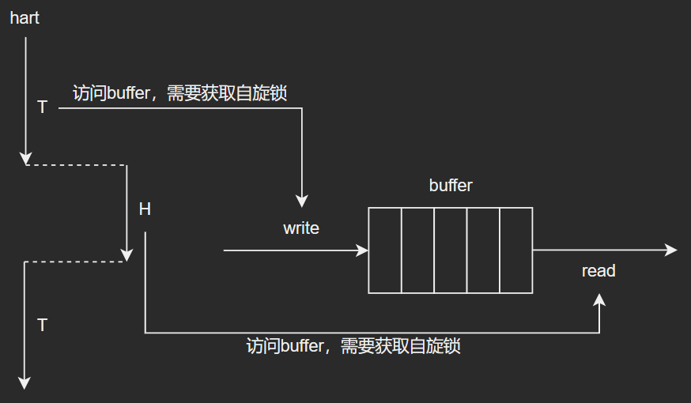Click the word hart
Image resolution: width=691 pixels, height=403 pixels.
click(x=25, y=17)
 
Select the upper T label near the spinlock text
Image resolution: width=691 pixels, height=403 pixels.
click(x=42, y=107)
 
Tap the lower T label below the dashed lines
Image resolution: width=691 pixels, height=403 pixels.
click(x=42, y=325)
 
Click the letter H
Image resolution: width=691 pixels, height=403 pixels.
click(x=145, y=209)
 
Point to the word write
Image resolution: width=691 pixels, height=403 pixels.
click(x=301, y=228)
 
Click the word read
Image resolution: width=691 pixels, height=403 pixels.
click(x=598, y=271)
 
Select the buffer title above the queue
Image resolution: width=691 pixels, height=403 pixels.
click(x=451, y=186)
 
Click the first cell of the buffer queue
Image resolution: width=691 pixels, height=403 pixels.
click(x=385, y=250)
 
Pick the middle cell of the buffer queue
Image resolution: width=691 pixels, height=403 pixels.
click(x=451, y=250)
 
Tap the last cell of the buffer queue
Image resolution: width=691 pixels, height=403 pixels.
click(x=515, y=250)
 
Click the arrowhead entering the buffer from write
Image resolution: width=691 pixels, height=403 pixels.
click(x=364, y=250)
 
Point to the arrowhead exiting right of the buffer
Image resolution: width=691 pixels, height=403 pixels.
click(x=672, y=250)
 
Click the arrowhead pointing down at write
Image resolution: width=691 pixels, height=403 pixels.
click(x=301, y=202)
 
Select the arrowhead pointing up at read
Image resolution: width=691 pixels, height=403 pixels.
click(x=600, y=299)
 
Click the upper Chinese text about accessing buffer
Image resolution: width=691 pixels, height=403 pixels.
click(x=179, y=93)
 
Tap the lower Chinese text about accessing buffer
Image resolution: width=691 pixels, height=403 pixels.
click(x=353, y=346)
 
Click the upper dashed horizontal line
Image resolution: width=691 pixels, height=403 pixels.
click(x=77, y=165)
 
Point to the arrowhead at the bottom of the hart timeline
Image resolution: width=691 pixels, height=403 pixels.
click(x=25, y=383)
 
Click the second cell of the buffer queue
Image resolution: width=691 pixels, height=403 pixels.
click(x=417, y=250)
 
